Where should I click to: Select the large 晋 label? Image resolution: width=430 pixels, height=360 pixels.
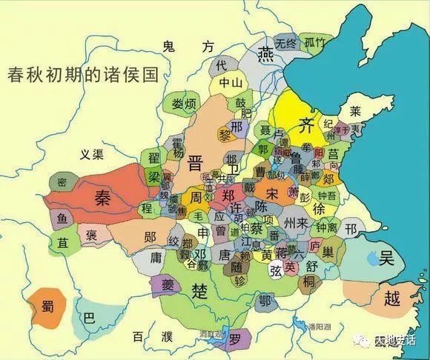[197, 163]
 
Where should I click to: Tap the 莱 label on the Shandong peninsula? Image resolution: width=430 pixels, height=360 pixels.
[356, 113]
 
